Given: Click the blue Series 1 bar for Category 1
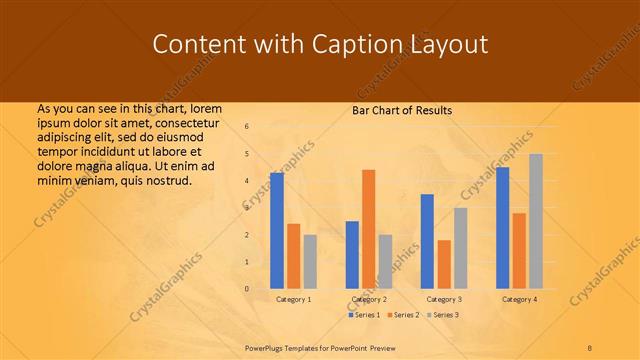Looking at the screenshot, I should (x=277, y=231).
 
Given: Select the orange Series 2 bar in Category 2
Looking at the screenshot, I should (x=369, y=229).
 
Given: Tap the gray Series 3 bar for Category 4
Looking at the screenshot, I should (x=536, y=221).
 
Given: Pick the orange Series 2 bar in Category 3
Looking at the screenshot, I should (x=444, y=264).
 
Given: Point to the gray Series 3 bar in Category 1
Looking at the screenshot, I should (x=310, y=262).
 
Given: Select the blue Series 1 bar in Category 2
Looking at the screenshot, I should (x=352, y=255).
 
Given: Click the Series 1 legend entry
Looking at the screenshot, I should (x=364, y=315).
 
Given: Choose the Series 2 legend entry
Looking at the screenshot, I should (x=402, y=315).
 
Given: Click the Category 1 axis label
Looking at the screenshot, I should (x=293, y=299).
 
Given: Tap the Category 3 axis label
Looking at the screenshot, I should (x=444, y=299).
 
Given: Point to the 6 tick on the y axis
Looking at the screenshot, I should (x=247, y=126).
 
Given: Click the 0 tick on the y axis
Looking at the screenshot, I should (x=247, y=289).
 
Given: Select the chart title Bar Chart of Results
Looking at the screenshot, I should (x=402, y=110).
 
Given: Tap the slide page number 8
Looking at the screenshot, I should (x=590, y=346).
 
